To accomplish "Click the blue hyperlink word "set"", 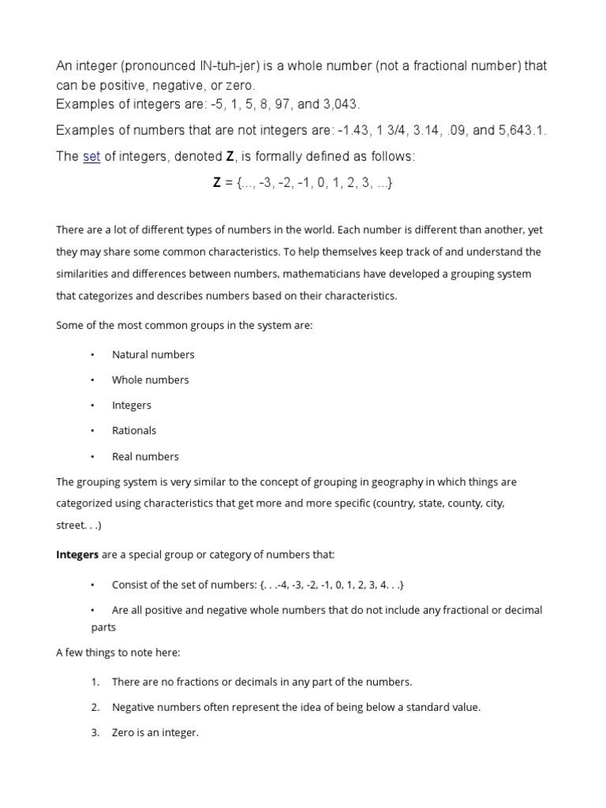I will (x=92, y=157).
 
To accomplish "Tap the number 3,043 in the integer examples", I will (x=342, y=105).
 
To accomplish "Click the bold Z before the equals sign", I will (x=217, y=183).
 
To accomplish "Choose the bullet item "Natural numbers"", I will (x=153, y=354).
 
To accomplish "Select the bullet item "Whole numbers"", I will (x=151, y=380).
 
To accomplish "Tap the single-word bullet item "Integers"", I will (x=132, y=406).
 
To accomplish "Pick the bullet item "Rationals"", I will (x=134, y=431).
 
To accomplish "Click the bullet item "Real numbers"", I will (x=145, y=457).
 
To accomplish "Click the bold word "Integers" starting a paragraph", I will (x=77, y=555).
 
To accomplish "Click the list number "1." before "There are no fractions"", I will (x=95, y=682).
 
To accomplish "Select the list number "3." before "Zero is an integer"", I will (x=95, y=733).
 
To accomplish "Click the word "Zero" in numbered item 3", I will (x=125, y=733).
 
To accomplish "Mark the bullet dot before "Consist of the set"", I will (x=92, y=585).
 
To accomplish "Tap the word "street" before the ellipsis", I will (x=71, y=524).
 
